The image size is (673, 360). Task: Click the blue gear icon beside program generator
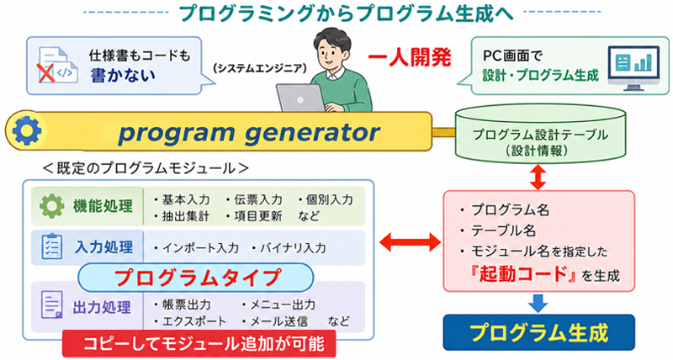click(x=27, y=130)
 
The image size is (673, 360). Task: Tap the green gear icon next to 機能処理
click(x=52, y=206)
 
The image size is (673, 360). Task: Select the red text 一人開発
click(x=410, y=57)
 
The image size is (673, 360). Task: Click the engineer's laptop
click(x=300, y=98)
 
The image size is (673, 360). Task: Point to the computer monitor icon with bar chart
click(x=633, y=68)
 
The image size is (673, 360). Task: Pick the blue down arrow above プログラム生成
click(x=538, y=303)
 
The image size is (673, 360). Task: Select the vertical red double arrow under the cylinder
click(x=538, y=177)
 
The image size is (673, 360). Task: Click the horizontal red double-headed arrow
click(x=410, y=243)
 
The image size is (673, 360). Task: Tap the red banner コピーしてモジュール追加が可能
click(x=199, y=343)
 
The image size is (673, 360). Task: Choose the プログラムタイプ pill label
click(x=196, y=278)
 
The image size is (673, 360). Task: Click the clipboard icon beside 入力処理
click(x=52, y=246)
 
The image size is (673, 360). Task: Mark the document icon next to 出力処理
click(x=52, y=304)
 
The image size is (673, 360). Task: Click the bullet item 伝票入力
click(x=255, y=199)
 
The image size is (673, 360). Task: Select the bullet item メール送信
click(x=275, y=321)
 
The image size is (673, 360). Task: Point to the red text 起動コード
click(x=523, y=273)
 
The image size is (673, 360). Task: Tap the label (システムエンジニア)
click(x=260, y=68)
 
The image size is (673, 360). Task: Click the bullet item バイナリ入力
click(x=289, y=247)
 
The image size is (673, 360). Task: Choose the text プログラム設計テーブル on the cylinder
click(x=540, y=135)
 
